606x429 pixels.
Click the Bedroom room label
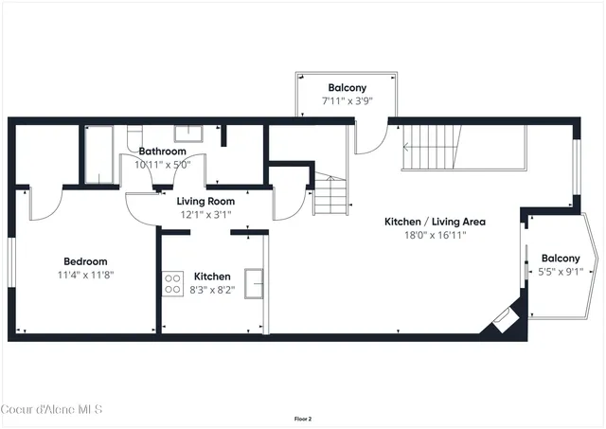[x=85, y=261]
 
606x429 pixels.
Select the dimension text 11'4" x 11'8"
[x=85, y=276]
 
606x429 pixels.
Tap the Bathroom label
[x=163, y=151]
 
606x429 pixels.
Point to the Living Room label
[x=205, y=201]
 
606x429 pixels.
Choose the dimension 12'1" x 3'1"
[x=205, y=215]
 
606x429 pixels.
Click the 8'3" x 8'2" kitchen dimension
[x=212, y=291]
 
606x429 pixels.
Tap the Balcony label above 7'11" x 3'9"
[x=348, y=87]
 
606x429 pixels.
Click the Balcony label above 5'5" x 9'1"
[x=561, y=259]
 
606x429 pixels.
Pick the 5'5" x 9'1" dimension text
[x=561, y=273]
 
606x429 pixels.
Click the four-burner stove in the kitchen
[x=173, y=284]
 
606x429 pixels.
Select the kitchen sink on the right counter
[x=254, y=283]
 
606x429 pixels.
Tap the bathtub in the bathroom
[x=100, y=154]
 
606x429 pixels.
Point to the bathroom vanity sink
[x=187, y=133]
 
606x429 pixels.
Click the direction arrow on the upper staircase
[x=409, y=147]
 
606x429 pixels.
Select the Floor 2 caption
[x=302, y=419]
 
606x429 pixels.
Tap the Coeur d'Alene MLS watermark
[x=52, y=409]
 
